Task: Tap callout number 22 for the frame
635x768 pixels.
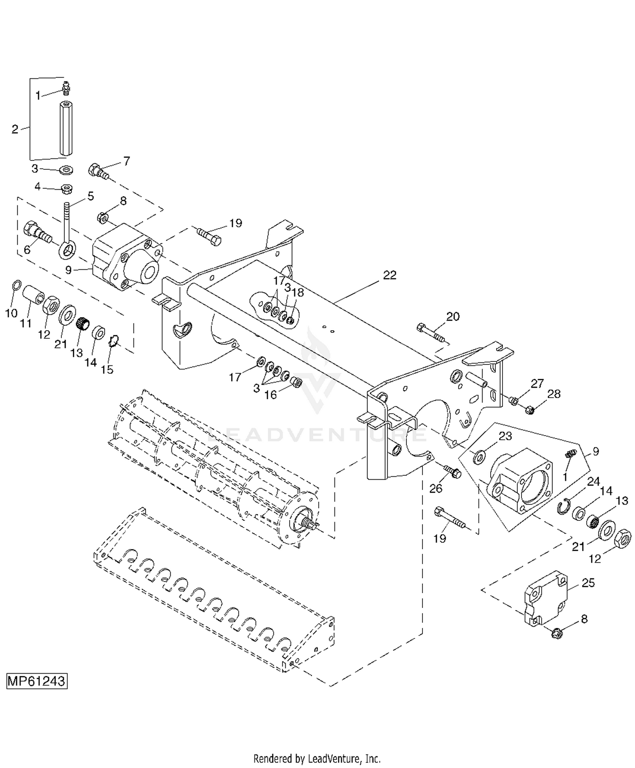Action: coord(389,275)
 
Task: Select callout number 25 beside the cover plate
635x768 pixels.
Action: coord(588,583)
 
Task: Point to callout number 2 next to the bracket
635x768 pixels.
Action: coord(15,129)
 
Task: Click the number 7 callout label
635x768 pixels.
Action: coord(126,161)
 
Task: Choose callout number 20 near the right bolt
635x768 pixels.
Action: coord(453,316)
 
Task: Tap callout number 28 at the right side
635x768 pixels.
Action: coord(554,394)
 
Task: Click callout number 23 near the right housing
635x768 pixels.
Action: coord(505,436)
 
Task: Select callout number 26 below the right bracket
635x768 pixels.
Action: coord(436,489)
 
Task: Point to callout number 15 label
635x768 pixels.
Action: coord(107,369)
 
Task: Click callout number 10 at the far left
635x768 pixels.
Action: coord(11,313)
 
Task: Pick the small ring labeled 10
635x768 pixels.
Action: coord(16,286)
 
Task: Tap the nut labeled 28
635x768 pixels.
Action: coord(529,409)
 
